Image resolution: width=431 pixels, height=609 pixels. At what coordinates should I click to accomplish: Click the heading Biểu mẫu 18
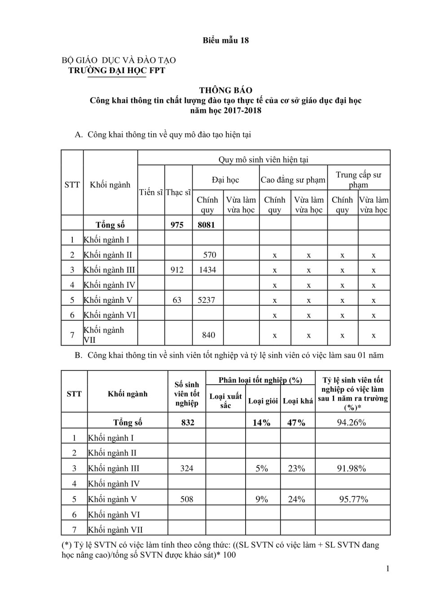click(x=225, y=40)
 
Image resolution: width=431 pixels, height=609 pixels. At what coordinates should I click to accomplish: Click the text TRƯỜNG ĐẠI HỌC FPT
click(x=116, y=70)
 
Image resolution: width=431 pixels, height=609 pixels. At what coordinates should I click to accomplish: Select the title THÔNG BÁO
click(x=225, y=90)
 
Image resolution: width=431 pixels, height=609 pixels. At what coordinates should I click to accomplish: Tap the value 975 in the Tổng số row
click(x=177, y=225)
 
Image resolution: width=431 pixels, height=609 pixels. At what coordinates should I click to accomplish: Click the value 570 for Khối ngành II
click(x=209, y=255)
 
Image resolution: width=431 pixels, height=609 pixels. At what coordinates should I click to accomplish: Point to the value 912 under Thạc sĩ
click(x=177, y=270)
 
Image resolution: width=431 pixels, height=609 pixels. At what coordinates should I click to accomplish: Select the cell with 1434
click(x=207, y=270)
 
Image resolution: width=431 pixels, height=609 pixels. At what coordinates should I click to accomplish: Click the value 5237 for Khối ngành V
click(x=207, y=300)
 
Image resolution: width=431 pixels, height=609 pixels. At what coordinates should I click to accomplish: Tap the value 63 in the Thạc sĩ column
click(x=177, y=300)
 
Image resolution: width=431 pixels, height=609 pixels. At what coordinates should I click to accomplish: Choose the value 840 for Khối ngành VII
click(x=208, y=335)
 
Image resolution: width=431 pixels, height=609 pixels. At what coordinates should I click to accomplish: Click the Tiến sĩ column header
click(x=151, y=192)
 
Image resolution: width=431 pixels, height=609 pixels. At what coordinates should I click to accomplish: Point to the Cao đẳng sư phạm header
click(x=293, y=180)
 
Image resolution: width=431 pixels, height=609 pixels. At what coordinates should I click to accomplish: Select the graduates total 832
click(x=188, y=422)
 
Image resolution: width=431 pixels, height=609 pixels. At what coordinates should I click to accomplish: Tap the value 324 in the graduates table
click(x=187, y=469)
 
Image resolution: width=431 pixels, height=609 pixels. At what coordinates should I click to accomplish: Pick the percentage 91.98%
click(x=352, y=469)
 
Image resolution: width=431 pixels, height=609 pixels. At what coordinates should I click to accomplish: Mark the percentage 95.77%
click(x=353, y=499)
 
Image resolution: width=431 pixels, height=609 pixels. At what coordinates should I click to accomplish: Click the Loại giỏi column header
click(x=263, y=401)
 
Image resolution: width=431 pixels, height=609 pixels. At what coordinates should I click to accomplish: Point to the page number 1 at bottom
click(x=387, y=569)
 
